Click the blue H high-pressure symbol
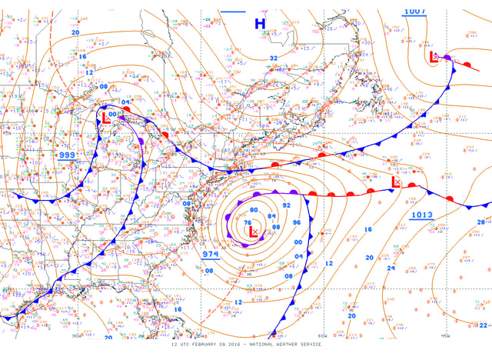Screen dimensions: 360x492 coord(260,24)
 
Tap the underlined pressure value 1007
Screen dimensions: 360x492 coord(414,12)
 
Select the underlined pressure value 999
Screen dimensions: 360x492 coord(68,155)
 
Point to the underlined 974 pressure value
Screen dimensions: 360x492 coord(211,253)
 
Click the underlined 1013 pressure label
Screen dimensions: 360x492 coord(423,215)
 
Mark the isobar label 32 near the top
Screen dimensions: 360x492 coord(274,58)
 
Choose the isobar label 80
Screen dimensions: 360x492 coord(254,209)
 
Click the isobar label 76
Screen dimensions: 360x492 coord(248,223)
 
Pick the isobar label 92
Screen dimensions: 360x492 coord(286,205)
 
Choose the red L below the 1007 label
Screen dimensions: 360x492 coord(433,56)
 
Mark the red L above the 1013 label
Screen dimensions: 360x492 coord(396,183)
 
